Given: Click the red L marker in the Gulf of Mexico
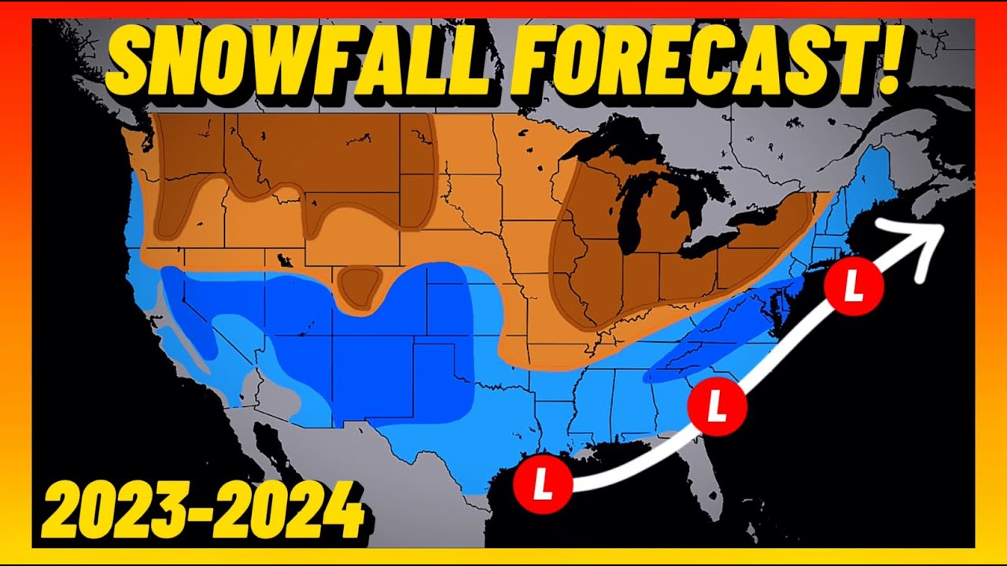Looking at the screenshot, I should tap(542, 485).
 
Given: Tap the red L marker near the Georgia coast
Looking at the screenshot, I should tap(717, 406).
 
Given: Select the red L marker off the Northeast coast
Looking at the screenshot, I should tap(854, 287).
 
